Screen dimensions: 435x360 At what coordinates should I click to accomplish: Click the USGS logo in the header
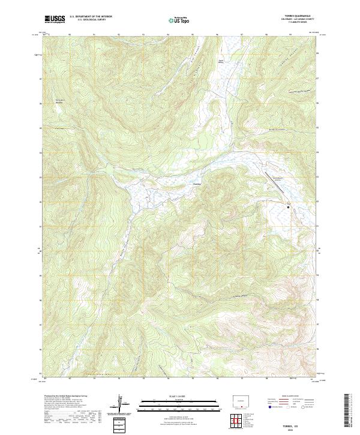pos(55,19)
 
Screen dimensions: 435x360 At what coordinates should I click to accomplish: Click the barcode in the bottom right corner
pos(346,412)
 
